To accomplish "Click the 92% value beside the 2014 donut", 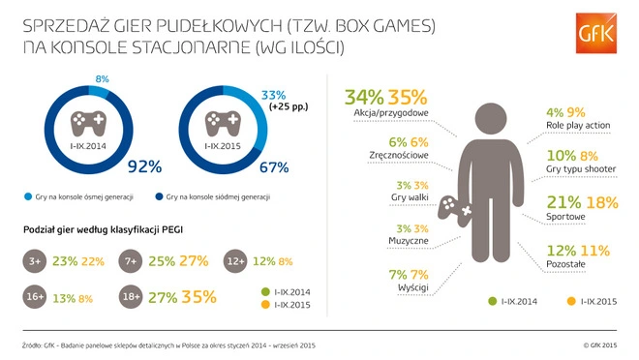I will coord(143,166).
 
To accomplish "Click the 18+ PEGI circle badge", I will coord(132,297).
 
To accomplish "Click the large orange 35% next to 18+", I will coord(198,297).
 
